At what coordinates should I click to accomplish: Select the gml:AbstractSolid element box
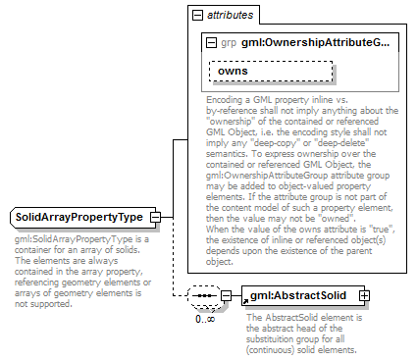tap(300, 294)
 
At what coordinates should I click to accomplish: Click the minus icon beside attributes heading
tap(198, 16)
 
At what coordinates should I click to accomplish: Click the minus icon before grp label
tap(212, 43)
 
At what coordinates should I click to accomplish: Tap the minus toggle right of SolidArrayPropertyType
tap(155, 217)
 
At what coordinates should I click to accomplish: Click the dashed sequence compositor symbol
tap(203, 295)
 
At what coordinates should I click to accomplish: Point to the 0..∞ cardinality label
tap(204, 318)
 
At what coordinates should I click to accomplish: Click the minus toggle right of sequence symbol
tap(226, 295)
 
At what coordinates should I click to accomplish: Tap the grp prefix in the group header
tap(229, 43)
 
